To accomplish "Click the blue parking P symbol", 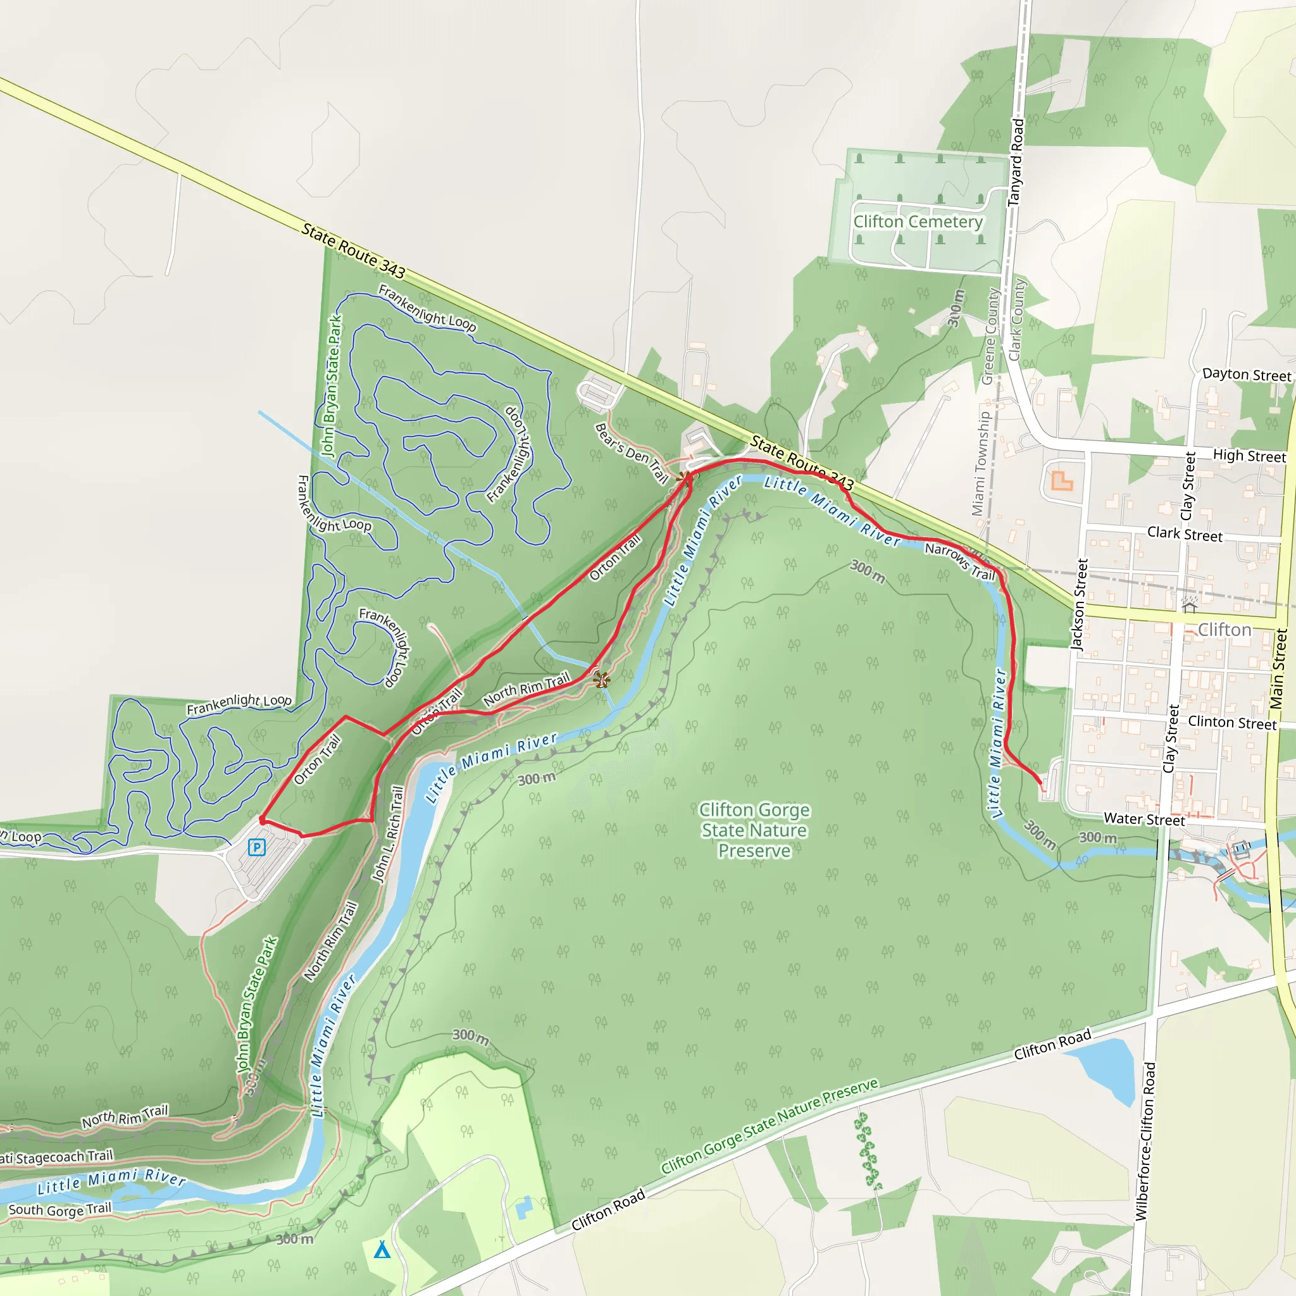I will click(x=256, y=847).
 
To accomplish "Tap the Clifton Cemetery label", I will click(x=917, y=221).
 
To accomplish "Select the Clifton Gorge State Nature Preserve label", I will click(x=754, y=830).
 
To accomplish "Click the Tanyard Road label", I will click(x=1016, y=163).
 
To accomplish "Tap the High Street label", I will click(x=1249, y=456).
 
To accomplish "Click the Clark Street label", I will click(x=1184, y=534).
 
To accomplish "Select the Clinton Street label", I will click(x=1231, y=723).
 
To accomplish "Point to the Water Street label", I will click(x=1143, y=819).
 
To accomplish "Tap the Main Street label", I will click(x=1278, y=669).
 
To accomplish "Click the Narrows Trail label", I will click(x=959, y=561).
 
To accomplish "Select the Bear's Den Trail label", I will click(x=632, y=454).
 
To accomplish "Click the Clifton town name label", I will click(x=1224, y=630).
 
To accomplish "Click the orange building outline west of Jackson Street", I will click(x=1061, y=481).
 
